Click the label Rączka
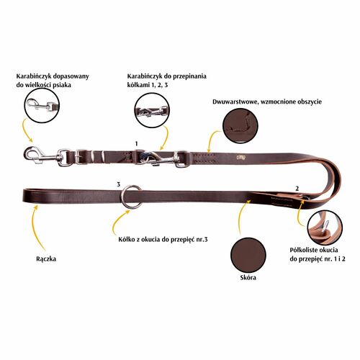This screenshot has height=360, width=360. [46, 259]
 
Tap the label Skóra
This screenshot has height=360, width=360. [248, 278]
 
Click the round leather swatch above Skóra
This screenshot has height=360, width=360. [248, 255]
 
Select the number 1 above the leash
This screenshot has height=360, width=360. [137, 143]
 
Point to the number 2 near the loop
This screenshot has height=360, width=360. [297, 189]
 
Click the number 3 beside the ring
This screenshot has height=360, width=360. [118, 184]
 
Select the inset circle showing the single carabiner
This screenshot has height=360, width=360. [42, 105]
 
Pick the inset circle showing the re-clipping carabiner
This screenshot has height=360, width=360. [152, 110]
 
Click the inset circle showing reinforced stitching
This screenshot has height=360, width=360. [240, 126]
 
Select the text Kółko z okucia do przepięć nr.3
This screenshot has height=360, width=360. [163, 240]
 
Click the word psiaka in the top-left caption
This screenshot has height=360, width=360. [61, 85]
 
